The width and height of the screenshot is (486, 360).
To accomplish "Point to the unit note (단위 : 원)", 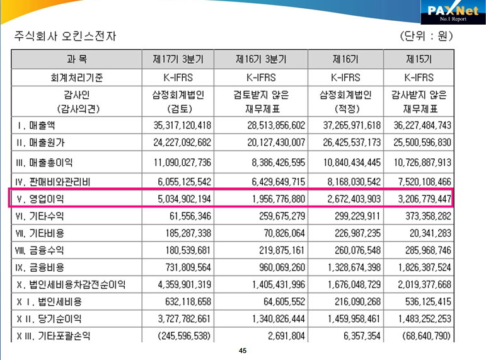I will pos(427,36).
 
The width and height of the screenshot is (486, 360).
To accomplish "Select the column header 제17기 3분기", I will pos(178,60).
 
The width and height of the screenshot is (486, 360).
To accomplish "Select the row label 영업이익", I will pos(44,199).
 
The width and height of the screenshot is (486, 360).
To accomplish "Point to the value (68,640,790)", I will pos(424,336).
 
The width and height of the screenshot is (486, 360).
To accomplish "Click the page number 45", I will pos(243,351).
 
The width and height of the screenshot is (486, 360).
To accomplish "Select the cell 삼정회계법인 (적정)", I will pos(346,101).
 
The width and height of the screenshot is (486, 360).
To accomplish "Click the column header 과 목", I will pos(76,60).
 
